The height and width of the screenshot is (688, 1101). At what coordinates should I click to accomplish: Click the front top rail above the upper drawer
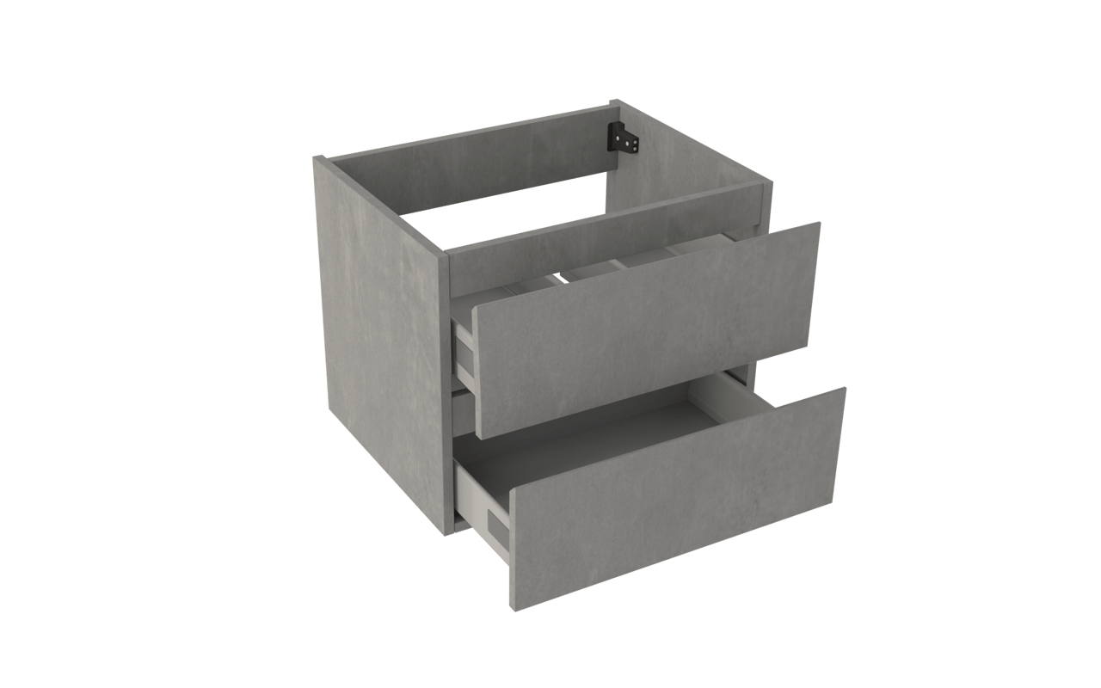tap(602, 232)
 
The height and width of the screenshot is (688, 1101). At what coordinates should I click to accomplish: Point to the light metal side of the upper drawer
tap(465, 353)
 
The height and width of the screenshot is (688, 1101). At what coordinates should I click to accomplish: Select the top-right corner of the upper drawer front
tap(820, 224)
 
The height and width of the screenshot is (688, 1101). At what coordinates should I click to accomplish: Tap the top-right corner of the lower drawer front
tap(846, 388)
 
